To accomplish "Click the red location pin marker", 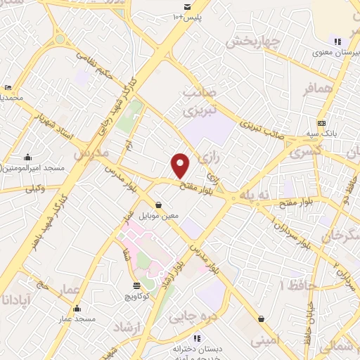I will [x=181, y=166].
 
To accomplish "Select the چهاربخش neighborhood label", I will [x=253, y=41].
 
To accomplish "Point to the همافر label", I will [x=317, y=90].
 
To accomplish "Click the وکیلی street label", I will [x=35, y=188].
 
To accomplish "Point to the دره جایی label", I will [x=188, y=316].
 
